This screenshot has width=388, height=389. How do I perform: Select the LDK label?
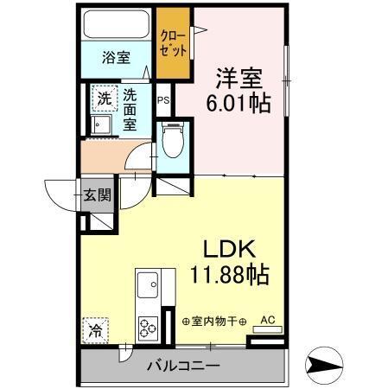point(228,250)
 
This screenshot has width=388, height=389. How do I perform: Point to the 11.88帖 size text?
point(229,276)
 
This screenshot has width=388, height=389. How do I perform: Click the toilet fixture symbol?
point(172,140)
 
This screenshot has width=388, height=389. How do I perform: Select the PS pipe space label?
point(163,99)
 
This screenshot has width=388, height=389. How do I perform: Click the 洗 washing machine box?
point(104,98)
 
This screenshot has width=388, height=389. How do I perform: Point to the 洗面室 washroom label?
point(130,109)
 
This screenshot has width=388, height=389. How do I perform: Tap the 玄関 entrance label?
point(97,194)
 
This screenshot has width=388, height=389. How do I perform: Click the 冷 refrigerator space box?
point(96,329)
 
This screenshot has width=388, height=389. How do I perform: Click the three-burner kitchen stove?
point(148,327)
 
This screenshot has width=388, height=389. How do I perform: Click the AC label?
point(267,319)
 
